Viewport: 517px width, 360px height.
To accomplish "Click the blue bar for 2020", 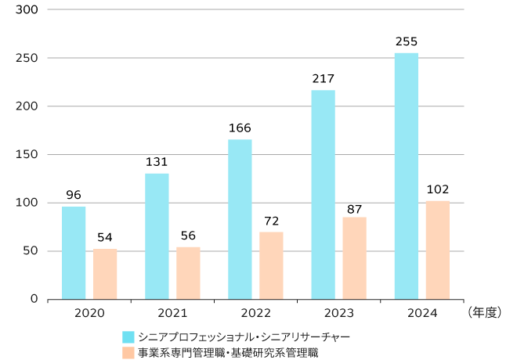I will (74, 252).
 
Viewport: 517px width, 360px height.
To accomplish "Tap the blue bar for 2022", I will (240, 219).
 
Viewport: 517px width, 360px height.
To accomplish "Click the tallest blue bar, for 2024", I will (407, 176).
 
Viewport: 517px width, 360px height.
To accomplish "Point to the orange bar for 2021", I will (188, 273).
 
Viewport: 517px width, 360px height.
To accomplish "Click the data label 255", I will (407, 41).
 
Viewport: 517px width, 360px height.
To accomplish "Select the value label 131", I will (157, 162).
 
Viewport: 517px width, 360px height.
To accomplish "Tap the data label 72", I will (271, 221).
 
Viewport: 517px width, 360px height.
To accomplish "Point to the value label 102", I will (438, 189).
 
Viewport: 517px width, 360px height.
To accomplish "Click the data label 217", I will (323, 78).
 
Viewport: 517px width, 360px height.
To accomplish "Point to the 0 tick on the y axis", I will (34, 299).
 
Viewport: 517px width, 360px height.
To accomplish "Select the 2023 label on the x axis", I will (339, 313).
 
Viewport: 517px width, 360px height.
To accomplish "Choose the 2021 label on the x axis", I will (172, 313).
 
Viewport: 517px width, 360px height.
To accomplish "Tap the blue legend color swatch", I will (128, 337).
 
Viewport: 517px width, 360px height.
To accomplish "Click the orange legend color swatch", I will (128, 353).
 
